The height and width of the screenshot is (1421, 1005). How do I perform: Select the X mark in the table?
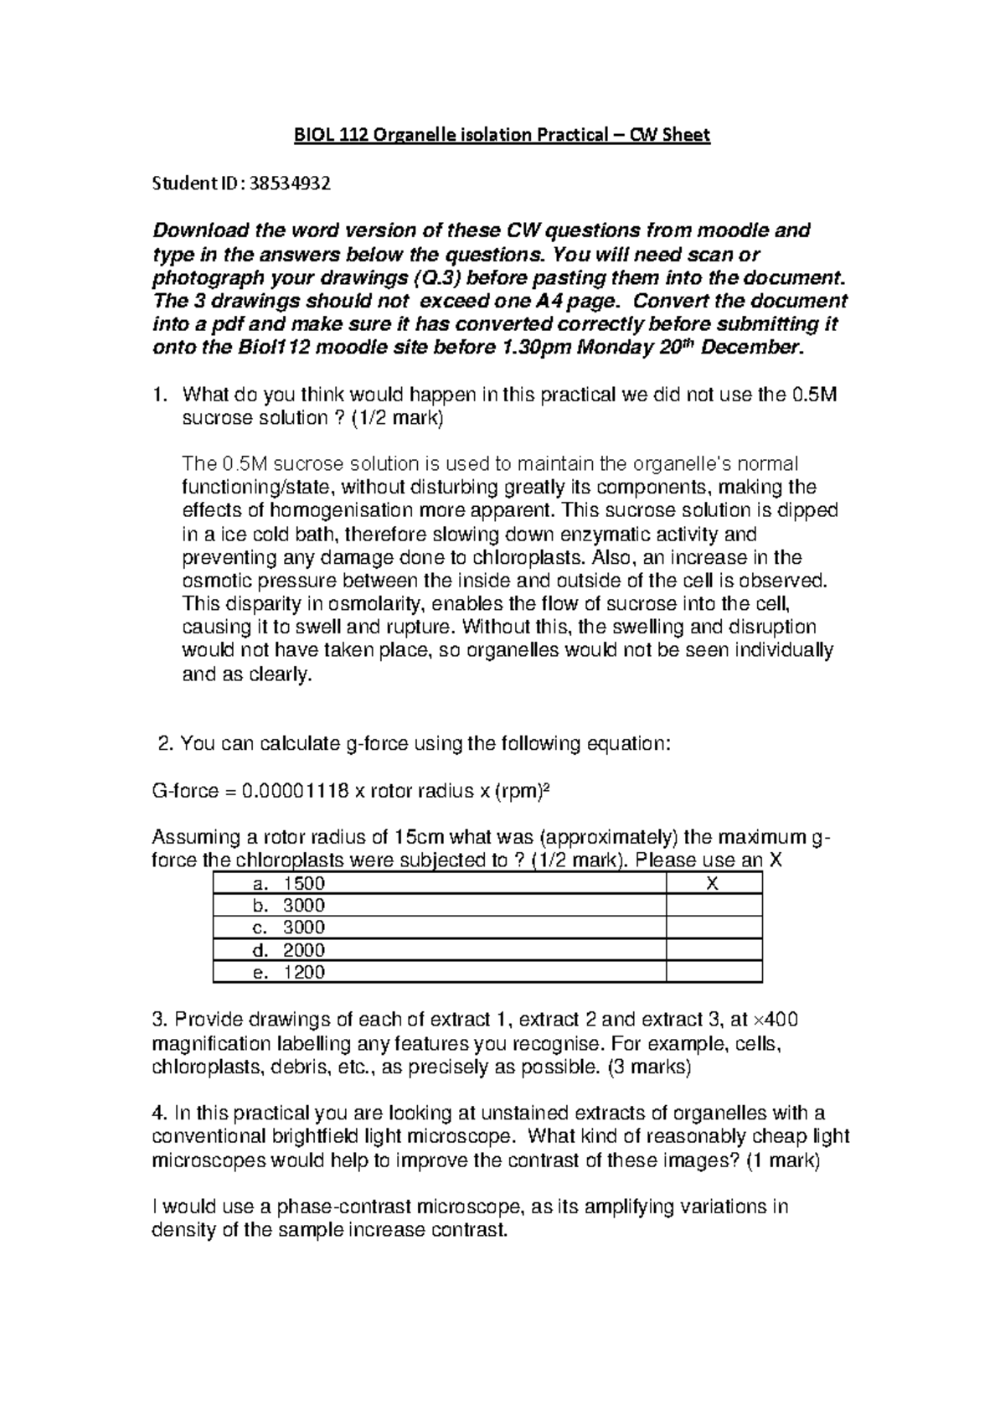714,883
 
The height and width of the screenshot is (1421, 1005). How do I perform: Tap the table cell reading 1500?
304,883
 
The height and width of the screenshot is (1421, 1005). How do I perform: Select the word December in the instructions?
750,349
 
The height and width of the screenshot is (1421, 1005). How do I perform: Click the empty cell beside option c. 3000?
714,928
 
